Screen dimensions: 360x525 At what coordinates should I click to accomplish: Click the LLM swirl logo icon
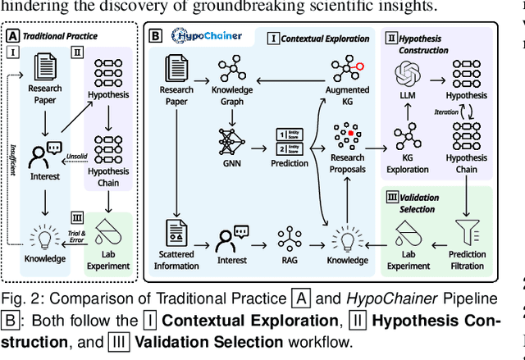click(407, 75)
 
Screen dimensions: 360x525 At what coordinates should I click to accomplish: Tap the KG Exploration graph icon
click(407, 135)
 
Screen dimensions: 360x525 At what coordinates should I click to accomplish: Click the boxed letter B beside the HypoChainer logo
click(155, 37)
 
